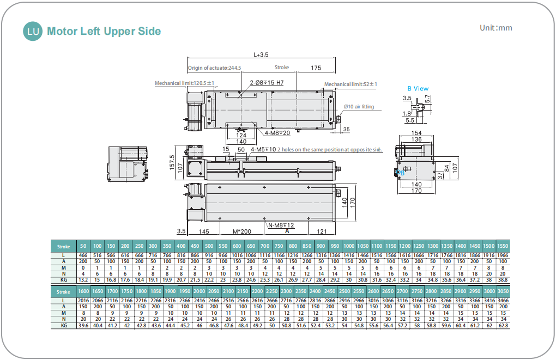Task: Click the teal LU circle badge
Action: click(x=33, y=31)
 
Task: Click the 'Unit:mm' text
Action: click(x=495, y=28)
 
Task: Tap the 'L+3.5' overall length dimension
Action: click(x=262, y=54)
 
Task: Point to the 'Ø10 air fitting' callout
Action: click(x=359, y=107)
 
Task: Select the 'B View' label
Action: click(x=418, y=88)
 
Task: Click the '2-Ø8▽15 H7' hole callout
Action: click(x=267, y=83)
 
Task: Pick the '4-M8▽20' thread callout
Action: click(x=277, y=132)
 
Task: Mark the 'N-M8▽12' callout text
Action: click(x=281, y=225)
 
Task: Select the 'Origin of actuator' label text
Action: click(x=214, y=68)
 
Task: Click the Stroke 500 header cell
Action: click(x=209, y=246)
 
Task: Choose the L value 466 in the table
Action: click(x=83, y=255)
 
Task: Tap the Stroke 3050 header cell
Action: click(x=503, y=291)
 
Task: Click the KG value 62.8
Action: click(x=503, y=325)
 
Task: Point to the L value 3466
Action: click(x=503, y=300)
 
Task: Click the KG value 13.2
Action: click(x=83, y=280)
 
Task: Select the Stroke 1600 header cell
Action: click(x=83, y=291)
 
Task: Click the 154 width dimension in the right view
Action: click(x=416, y=133)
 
